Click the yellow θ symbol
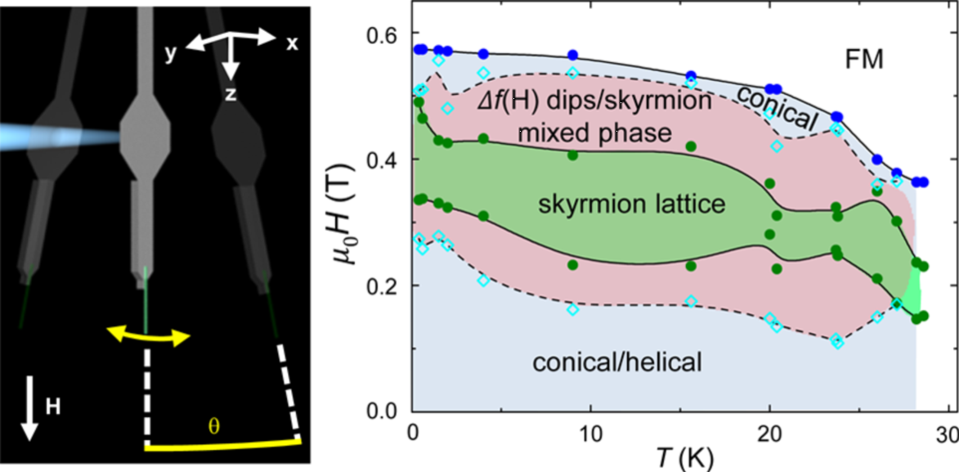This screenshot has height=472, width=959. click(214, 427)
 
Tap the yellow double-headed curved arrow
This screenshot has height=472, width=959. click(149, 334)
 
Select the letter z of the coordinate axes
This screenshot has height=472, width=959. click(231, 94)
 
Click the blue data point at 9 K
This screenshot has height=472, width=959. click(573, 55)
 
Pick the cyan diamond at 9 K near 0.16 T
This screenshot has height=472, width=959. click(573, 309)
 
